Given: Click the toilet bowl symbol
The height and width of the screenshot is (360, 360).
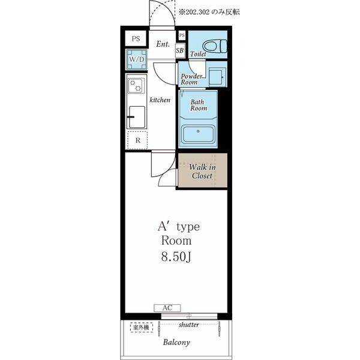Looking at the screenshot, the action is [x=215, y=46].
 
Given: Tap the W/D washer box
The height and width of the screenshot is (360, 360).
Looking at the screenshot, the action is [x=137, y=59].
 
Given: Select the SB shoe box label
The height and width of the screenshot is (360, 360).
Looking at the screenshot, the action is [x=180, y=50].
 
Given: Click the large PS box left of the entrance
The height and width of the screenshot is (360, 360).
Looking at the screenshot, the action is [x=136, y=38].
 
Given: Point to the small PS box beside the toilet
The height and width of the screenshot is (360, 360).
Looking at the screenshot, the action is [x=182, y=35].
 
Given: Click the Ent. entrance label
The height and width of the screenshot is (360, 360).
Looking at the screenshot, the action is [x=163, y=44].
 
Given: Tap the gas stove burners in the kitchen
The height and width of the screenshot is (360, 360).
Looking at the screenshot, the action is [x=136, y=85].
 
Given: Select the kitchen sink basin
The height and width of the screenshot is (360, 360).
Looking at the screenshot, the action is [x=137, y=117].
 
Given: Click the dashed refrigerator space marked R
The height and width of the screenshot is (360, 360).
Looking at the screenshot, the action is [x=137, y=140].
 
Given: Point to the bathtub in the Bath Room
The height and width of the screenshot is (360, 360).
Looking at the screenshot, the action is [x=198, y=134].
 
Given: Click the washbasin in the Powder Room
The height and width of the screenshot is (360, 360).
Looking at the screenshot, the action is [x=216, y=77].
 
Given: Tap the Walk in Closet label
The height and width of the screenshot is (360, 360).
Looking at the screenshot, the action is [x=202, y=171].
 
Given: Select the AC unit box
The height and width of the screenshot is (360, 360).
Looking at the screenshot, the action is [x=167, y=308].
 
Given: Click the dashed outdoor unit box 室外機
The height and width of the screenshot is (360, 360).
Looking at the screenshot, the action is [x=142, y=327].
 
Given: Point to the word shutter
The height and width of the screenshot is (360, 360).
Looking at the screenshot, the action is [x=189, y=325].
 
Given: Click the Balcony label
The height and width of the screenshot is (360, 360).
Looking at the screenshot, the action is [x=176, y=343].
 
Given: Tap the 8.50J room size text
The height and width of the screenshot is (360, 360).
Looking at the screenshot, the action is [x=176, y=257].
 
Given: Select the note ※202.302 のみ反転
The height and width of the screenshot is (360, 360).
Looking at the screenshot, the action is [x=209, y=12].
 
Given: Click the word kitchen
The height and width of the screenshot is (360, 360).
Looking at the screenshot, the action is [x=160, y=100].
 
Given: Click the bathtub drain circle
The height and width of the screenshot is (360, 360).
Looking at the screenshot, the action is [x=198, y=131].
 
